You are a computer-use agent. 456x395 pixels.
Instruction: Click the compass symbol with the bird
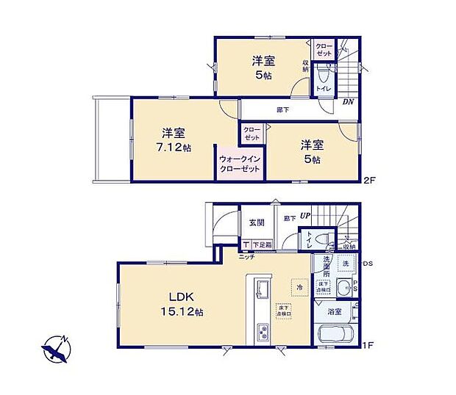tap(56, 349)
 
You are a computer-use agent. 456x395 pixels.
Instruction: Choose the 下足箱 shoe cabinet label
tap(261, 245)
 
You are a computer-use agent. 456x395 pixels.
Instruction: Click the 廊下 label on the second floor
tap(282, 109)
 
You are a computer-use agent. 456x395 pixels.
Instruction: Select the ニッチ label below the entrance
tap(246, 257)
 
